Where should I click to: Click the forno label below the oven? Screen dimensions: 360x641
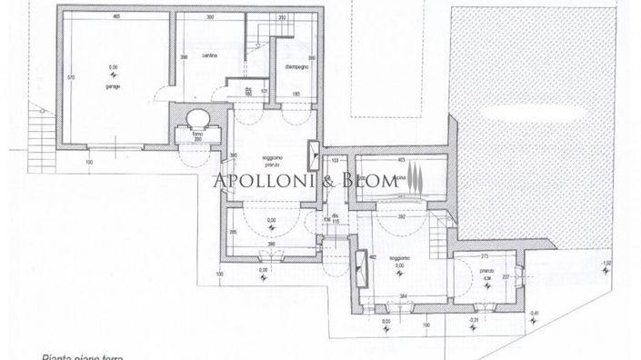(x=196, y=135)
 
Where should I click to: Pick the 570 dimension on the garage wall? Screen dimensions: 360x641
(x=71, y=78)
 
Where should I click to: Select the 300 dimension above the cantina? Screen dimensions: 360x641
(x=210, y=17)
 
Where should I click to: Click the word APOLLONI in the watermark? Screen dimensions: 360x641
(x=265, y=181)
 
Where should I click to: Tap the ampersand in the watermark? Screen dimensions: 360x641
(x=330, y=181)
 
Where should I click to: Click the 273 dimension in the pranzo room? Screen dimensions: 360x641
(x=486, y=256)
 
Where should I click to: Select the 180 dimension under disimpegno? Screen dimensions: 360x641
(x=296, y=94)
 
